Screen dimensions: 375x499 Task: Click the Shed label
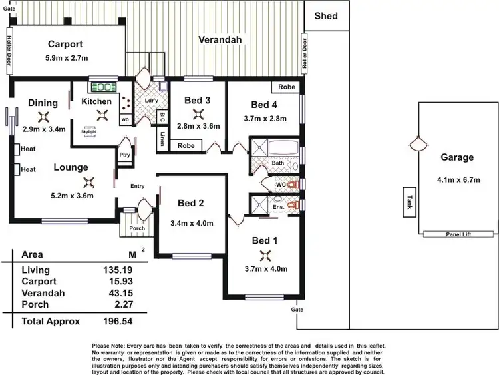(x=326, y=16)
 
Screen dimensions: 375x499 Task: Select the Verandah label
(x=219, y=40)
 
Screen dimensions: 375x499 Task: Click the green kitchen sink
(x=103, y=87)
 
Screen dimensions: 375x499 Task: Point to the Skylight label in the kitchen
(x=89, y=132)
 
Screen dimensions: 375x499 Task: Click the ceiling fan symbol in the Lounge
(x=88, y=181)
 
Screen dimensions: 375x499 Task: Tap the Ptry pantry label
(x=124, y=155)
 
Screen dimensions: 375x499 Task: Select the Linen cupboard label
(x=162, y=139)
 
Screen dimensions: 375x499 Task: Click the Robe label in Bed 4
(x=287, y=87)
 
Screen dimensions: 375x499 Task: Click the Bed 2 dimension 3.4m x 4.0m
(x=192, y=223)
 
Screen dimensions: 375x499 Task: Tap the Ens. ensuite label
(x=278, y=207)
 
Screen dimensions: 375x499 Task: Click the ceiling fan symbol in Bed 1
(x=265, y=255)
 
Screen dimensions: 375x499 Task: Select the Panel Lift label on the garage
(x=458, y=234)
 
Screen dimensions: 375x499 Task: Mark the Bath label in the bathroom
(x=278, y=163)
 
